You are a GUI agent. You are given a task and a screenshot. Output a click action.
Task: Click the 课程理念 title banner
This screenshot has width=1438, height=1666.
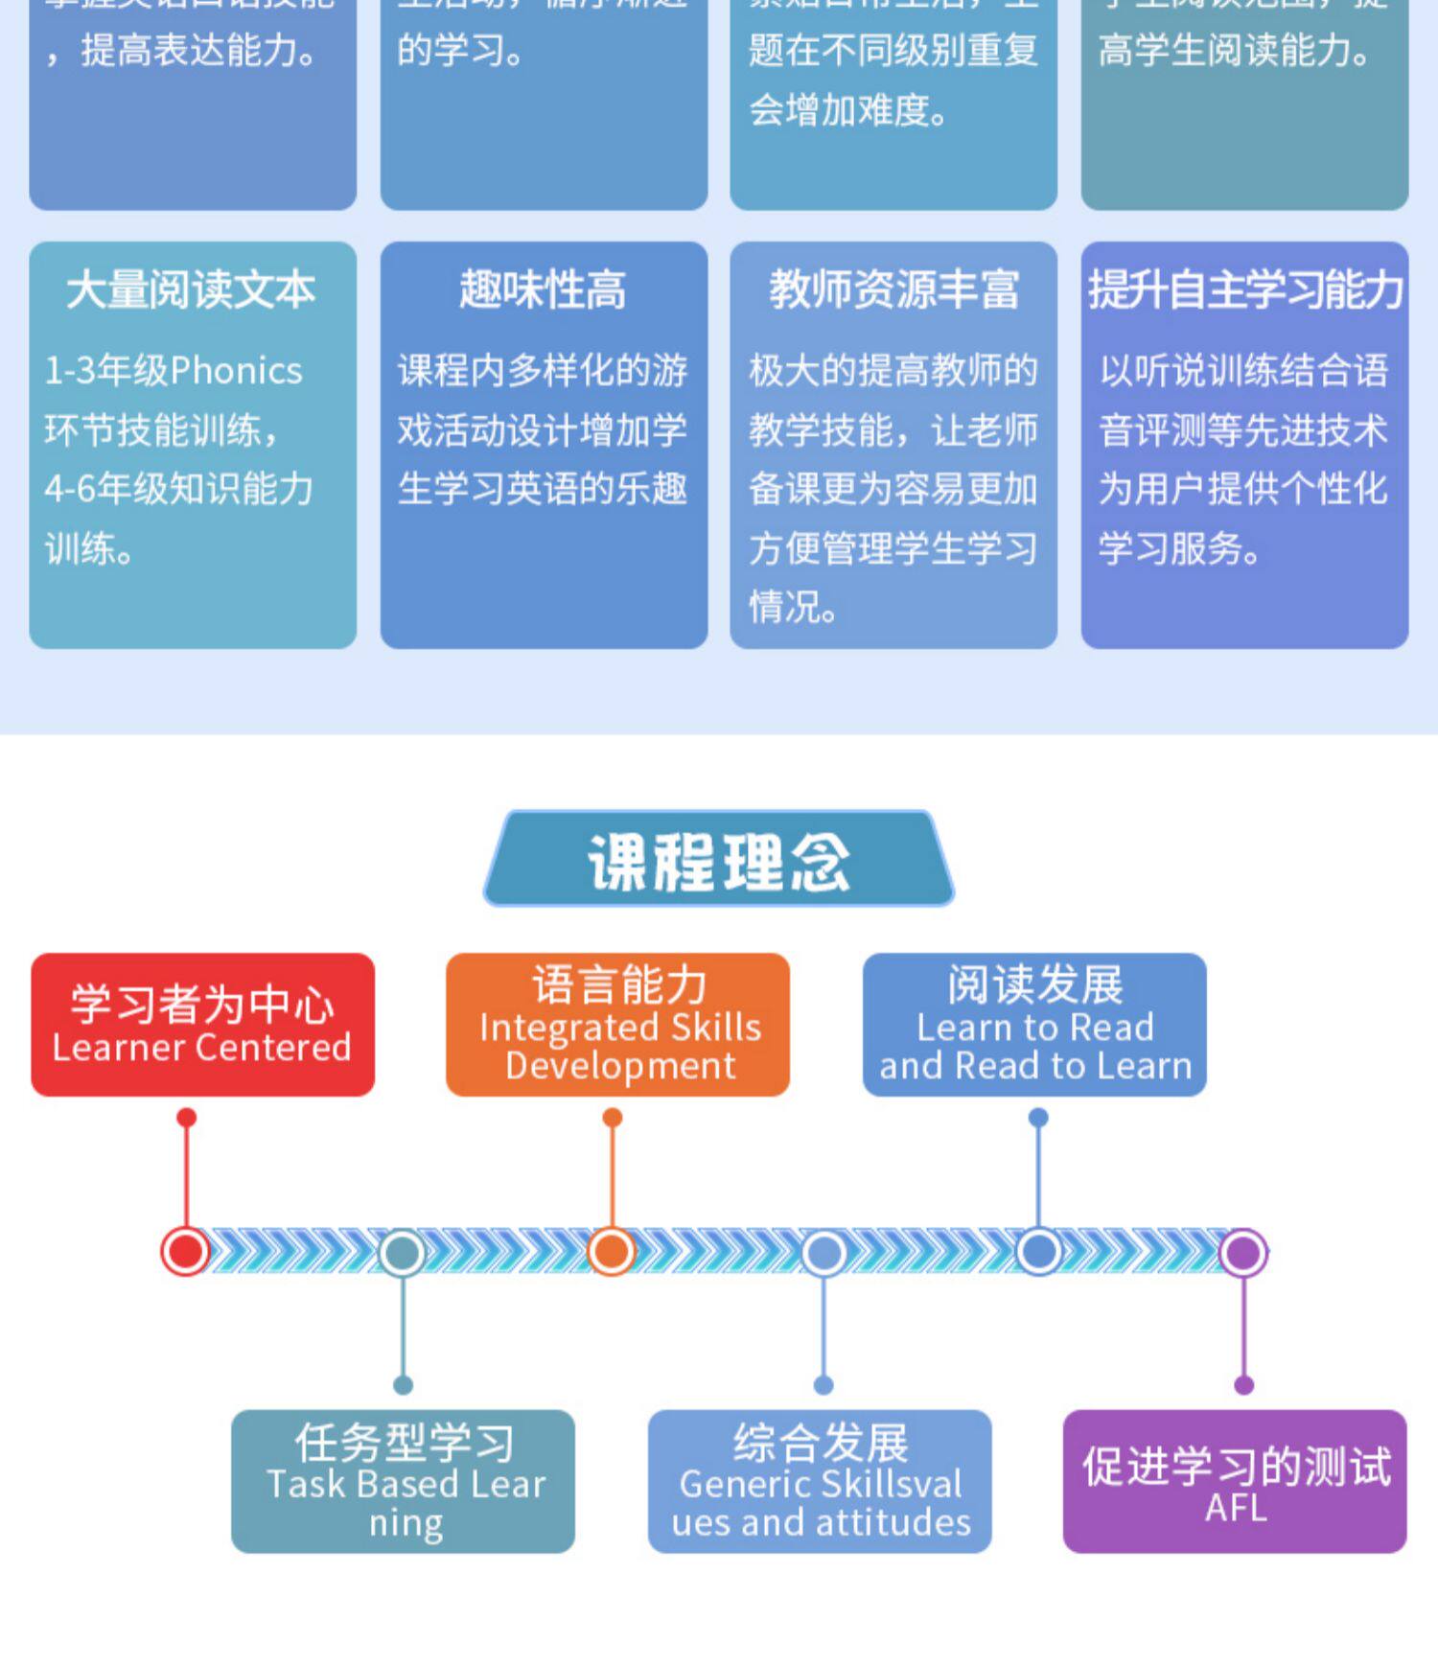pyautogui.click(x=719, y=859)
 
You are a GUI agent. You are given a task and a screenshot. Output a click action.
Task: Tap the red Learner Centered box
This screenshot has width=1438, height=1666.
pyautogui.click(x=202, y=1024)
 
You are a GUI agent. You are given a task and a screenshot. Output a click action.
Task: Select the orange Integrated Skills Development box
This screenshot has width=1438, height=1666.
pyautogui.click(x=618, y=1024)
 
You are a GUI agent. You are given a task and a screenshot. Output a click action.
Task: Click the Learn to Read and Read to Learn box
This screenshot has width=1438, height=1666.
pyautogui.click(x=1034, y=1024)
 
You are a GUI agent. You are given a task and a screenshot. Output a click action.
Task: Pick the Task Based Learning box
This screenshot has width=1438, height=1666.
pyautogui.click(x=403, y=1480)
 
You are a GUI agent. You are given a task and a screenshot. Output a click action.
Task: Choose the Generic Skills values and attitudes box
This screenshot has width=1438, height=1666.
pyautogui.click(x=820, y=1480)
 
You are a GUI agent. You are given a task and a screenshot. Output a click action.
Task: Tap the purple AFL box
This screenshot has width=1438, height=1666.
pyautogui.click(x=1235, y=1480)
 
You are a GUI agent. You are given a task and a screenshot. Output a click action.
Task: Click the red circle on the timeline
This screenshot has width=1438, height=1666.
pyautogui.click(x=186, y=1251)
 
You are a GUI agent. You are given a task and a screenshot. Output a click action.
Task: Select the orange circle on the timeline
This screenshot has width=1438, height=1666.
pyautogui.click(x=612, y=1251)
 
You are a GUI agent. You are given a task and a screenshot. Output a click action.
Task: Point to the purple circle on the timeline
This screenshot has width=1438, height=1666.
pyautogui.click(x=1243, y=1252)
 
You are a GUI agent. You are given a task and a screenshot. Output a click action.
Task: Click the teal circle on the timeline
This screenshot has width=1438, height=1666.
pyautogui.click(x=403, y=1252)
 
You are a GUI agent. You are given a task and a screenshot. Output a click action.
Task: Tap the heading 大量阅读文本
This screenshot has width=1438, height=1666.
pyautogui.click(x=192, y=289)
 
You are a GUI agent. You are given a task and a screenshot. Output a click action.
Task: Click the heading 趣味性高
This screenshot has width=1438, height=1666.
pyautogui.click(x=543, y=289)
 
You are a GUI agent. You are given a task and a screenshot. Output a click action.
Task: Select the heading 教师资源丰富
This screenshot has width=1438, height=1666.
pyautogui.click(x=893, y=289)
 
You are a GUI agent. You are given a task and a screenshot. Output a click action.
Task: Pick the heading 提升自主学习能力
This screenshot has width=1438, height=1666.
pyautogui.click(x=1245, y=289)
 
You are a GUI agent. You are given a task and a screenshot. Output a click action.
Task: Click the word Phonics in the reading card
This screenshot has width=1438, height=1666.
pyautogui.click(x=237, y=371)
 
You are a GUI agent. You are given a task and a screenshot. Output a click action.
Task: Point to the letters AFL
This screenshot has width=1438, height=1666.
pyautogui.click(x=1236, y=1508)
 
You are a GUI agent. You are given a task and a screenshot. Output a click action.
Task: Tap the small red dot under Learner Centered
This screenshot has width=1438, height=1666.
pyautogui.click(x=187, y=1118)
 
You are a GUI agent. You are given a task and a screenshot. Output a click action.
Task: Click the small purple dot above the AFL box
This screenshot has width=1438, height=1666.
pyautogui.click(x=1244, y=1385)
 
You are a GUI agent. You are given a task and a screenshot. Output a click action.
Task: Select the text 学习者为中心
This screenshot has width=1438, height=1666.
pyautogui.click(x=202, y=1004)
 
